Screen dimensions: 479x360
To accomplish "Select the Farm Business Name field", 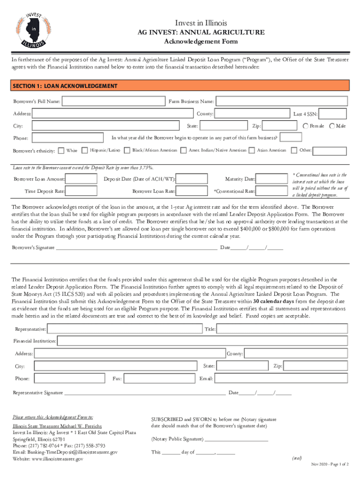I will click(281, 102).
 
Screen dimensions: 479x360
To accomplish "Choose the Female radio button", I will click(305, 126).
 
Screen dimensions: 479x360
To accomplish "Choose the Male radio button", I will click(332, 126).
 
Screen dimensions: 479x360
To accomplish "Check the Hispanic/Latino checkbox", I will click(85, 150).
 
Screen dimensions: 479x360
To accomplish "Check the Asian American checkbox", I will click(253, 150).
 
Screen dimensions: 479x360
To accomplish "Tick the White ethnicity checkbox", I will click(61, 150).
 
